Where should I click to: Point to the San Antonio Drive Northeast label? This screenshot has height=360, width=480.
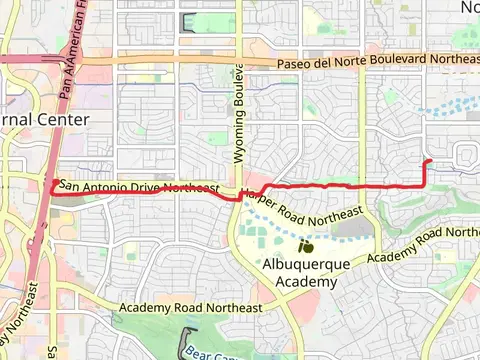[138, 187]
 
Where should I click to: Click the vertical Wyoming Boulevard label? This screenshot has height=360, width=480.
[239, 112]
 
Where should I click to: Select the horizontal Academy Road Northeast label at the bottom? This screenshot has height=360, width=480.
[190, 308]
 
